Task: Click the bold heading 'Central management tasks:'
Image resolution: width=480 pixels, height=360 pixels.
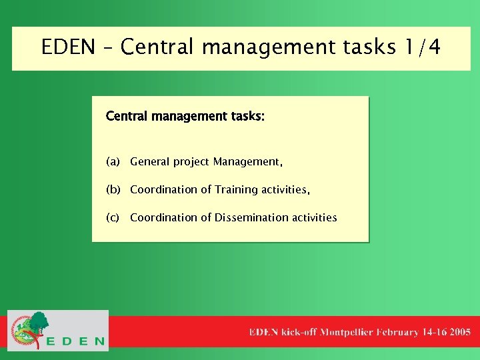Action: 185,117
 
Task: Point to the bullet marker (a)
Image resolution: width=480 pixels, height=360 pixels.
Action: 113,162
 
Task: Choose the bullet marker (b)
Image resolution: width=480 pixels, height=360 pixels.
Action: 113,190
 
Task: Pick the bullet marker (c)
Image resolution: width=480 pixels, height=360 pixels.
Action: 113,218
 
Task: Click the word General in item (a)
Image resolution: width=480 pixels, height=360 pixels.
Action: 150,162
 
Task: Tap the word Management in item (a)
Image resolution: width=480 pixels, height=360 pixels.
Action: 247,162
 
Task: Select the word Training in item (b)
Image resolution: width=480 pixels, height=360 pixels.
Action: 236,190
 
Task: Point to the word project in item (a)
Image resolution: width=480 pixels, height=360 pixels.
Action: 191,162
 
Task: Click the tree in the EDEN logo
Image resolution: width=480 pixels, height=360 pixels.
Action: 39,323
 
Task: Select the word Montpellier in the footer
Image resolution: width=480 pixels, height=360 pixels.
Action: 347,332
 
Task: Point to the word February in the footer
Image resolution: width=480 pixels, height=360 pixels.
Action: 398,332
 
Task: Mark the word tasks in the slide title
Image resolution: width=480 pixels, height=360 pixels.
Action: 360,48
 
